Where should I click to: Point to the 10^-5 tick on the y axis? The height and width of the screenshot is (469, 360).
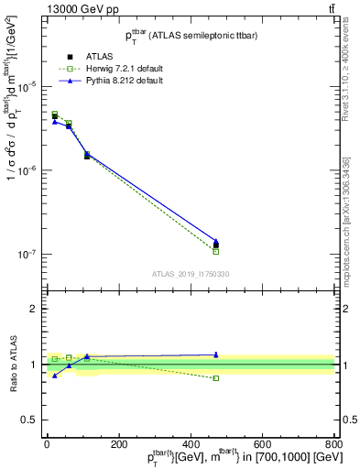point(27,86)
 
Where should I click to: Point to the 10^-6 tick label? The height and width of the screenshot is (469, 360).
point(27,170)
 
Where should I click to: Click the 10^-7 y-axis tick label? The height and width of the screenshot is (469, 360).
point(27,255)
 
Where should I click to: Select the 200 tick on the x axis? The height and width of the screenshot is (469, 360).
point(118,444)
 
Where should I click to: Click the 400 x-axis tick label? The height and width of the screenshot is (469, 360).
point(191,444)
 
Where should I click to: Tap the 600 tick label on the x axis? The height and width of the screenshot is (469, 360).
point(263,444)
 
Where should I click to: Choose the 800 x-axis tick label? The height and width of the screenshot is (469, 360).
point(333,444)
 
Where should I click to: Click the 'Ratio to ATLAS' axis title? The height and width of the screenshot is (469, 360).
point(13,365)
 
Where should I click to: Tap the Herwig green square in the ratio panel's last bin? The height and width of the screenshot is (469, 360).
point(216,377)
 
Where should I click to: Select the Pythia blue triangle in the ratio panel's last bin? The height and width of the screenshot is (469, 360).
point(216,354)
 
